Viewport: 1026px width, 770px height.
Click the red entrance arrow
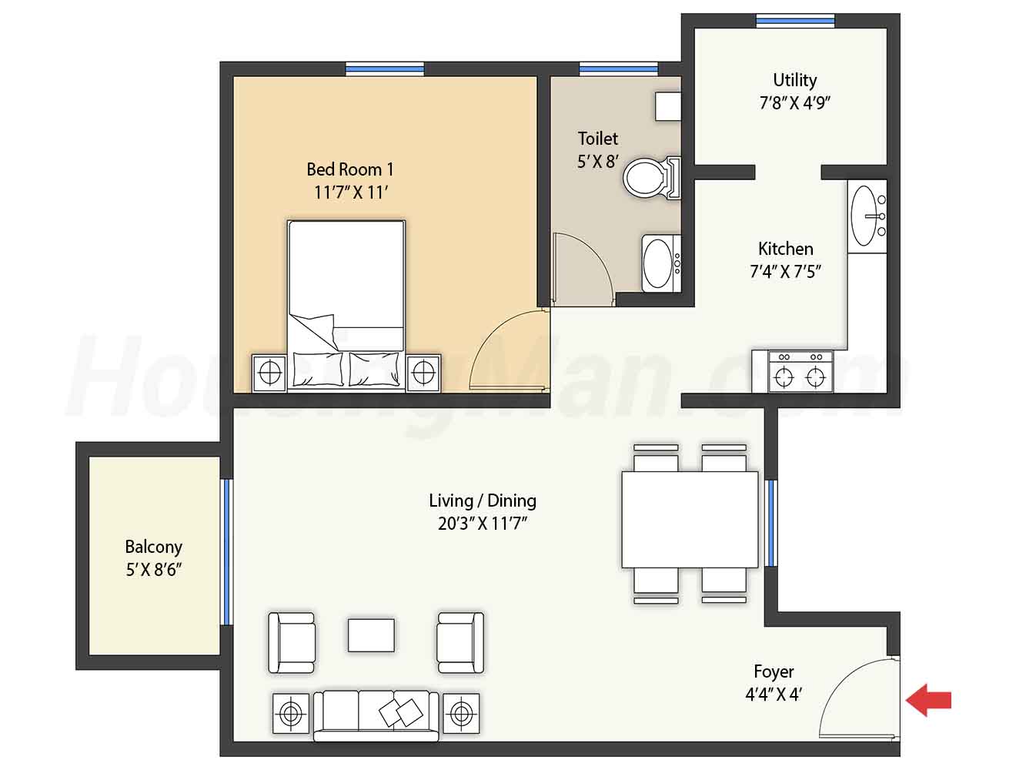[x=928, y=700]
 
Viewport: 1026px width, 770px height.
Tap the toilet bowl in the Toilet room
[x=651, y=178]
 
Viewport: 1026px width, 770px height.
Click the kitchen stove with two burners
[x=800, y=372]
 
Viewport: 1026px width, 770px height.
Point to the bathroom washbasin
[x=661, y=263]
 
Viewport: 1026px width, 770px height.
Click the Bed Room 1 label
[x=350, y=169]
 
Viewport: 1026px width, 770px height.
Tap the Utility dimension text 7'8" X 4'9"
[x=794, y=102]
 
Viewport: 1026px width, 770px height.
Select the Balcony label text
[x=153, y=547]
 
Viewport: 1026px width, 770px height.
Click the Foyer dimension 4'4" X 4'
[x=774, y=695]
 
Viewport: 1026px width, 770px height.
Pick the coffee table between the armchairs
[x=371, y=635]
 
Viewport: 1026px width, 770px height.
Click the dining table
[x=690, y=520]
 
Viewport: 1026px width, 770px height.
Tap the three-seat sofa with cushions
[x=376, y=716]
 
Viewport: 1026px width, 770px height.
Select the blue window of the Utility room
[x=795, y=20]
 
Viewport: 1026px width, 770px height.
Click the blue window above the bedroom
[x=385, y=69]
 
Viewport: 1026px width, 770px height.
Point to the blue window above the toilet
[x=618, y=69]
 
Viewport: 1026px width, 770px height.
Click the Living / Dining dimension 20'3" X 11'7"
[x=483, y=524]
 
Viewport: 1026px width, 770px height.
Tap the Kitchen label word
[x=785, y=249]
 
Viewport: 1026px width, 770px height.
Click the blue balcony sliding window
[x=226, y=551]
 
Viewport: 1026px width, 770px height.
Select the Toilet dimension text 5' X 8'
[x=598, y=162]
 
